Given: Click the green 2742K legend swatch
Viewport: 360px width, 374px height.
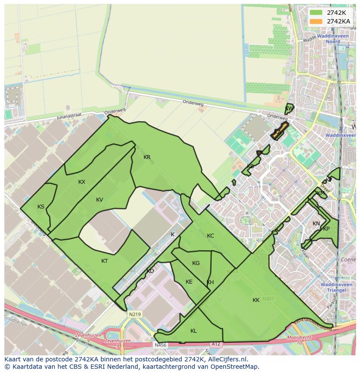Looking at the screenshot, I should pyautogui.click(x=316, y=13).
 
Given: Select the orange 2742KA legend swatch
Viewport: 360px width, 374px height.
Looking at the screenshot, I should pyautogui.click(x=316, y=21).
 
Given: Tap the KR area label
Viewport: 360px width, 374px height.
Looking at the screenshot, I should pyautogui.click(x=147, y=157).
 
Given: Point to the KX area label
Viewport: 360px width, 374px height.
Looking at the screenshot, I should pyautogui.click(x=82, y=182).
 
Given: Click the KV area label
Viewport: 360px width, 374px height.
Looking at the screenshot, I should pyautogui.click(x=100, y=200).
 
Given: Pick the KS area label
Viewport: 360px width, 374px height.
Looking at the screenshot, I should pyautogui.click(x=41, y=207).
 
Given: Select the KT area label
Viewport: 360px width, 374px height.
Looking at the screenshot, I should pyautogui.click(x=104, y=261).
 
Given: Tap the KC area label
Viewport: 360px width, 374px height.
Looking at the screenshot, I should pyautogui.click(x=210, y=236).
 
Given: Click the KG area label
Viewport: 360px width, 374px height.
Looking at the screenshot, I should pyautogui.click(x=196, y=263).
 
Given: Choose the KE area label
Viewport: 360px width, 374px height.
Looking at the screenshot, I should pyautogui.click(x=189, y=282).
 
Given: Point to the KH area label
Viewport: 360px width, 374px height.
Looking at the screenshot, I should pyautogui.click(x=210, y=282).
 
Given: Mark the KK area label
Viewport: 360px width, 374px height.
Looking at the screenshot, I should pyautogui.click(x=256, y=300).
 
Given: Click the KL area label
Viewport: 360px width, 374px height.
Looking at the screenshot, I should pyautogui.click(x=193, y=331).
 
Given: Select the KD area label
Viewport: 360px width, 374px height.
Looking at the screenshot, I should pyautogui.click(x=150, y=271).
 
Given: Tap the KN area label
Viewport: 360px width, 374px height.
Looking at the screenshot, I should pyautogui.click(x=316, y=224).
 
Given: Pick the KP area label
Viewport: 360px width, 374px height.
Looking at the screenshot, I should pyautogui.click(x=327, y=229).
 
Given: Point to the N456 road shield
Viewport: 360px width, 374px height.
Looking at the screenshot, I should pyautogui.click(x=160, y=345).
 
